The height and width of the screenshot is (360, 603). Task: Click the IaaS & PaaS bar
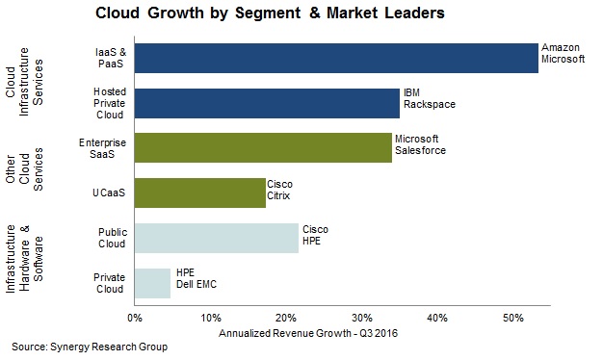(x=336, y=58)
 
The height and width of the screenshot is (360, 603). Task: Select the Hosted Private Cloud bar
(x=267, y=103)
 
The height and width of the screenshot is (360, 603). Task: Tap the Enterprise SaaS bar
(x=263, y=148)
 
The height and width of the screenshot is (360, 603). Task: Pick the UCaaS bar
(x=200, y=193)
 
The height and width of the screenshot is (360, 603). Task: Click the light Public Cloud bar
(x=217, y=238)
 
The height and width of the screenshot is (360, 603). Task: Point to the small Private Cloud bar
(x=152, y=283)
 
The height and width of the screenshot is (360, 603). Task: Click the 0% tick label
(x=135, y=318)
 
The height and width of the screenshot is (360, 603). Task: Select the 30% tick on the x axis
(x=362, y=318)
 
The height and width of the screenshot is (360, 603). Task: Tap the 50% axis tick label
(x=513, y=318)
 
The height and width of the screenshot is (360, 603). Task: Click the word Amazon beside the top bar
(x=561, y=47)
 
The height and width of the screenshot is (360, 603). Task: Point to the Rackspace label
(x=430, y=105)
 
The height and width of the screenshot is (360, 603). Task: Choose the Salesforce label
(x=420, y=150)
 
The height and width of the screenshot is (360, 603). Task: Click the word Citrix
(x=278, y=196)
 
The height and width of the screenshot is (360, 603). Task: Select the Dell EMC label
(x=197, y=284)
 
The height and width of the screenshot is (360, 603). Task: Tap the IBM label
(x=411, y=93)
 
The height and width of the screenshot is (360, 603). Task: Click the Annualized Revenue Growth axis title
(x=308, y=333)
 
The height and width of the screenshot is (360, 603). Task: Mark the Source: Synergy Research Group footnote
(x=90, y=347)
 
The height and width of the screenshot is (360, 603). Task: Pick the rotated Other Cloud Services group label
(x=24, y=169)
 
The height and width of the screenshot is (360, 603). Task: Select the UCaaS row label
(x=109, y=193)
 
